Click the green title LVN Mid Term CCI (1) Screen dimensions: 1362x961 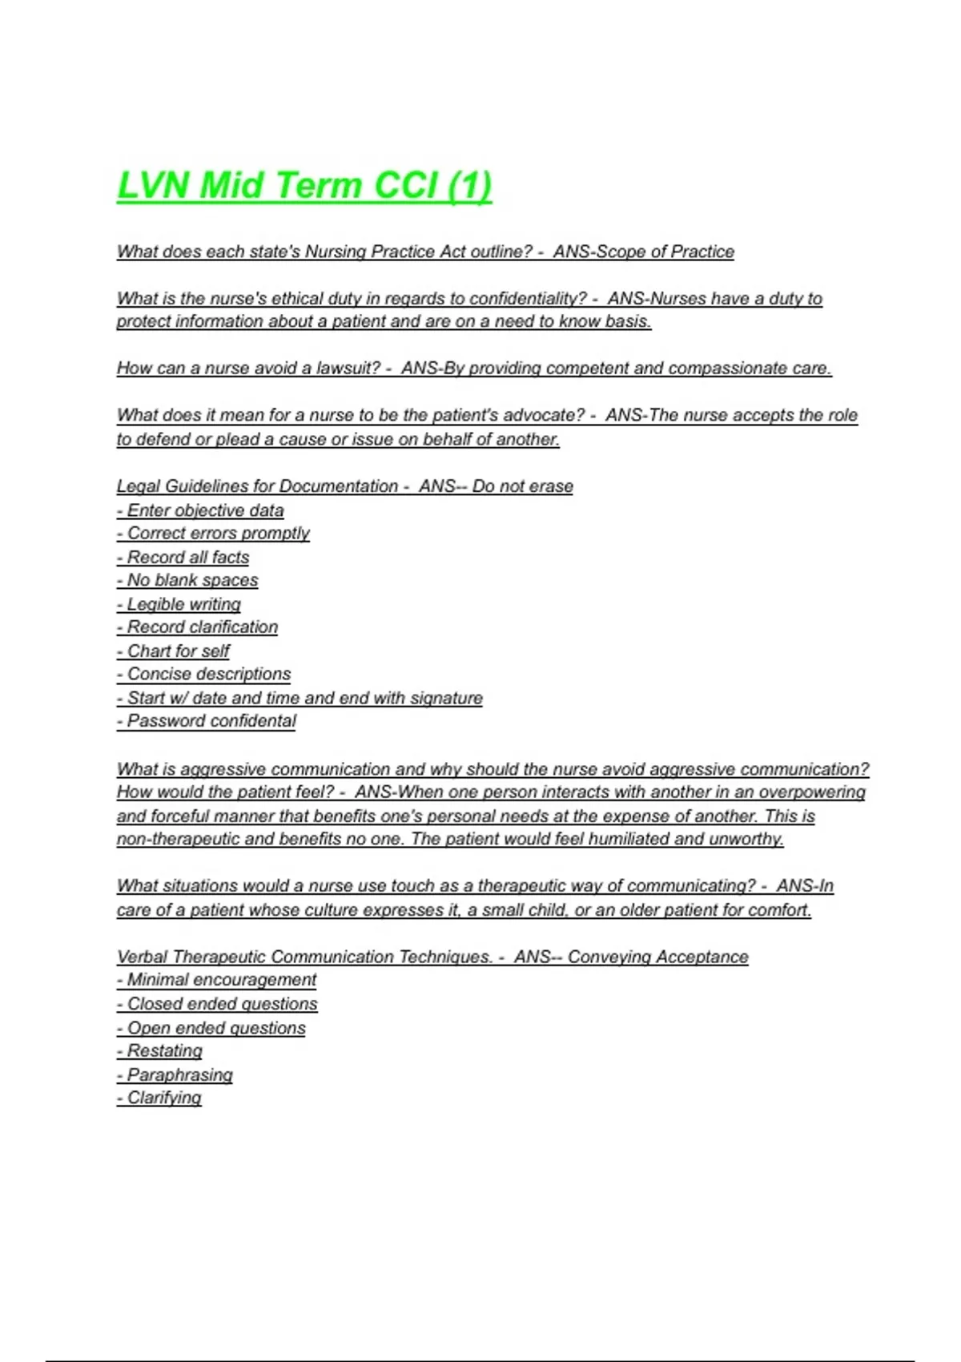[304, 186]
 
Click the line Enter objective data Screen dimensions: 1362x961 [200, 510]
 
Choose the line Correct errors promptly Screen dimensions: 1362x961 [213, 534]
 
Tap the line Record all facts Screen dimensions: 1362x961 [183, 558]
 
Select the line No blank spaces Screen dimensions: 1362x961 [187, 580]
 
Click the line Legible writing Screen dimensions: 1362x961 [179, 604]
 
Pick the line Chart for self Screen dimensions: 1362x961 [173, 651]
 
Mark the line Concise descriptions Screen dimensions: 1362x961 [203, 675]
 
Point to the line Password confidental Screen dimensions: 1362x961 [207, 721]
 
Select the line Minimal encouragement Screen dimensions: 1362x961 [216, 980]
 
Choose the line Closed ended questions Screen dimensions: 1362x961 [217, 1004]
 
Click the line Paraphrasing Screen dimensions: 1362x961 [175, 1075]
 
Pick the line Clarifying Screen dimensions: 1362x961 [159, 1098]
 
